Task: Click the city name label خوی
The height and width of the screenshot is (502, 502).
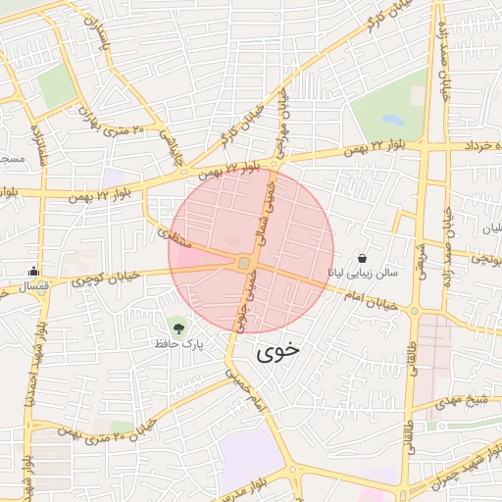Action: click(x=279, y=353)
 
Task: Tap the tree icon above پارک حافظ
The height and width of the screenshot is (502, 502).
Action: click(x=177, y=326)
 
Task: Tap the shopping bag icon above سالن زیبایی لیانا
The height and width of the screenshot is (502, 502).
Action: click(x=363, y=258)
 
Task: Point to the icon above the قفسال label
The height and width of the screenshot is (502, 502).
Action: click(x=34, y=272)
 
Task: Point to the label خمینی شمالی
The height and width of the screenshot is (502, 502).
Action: click(x=265, y=210)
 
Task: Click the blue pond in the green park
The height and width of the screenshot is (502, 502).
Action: click(x=392, y=121)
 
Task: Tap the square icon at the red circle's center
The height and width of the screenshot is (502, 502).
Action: click(x=243, y=263)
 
